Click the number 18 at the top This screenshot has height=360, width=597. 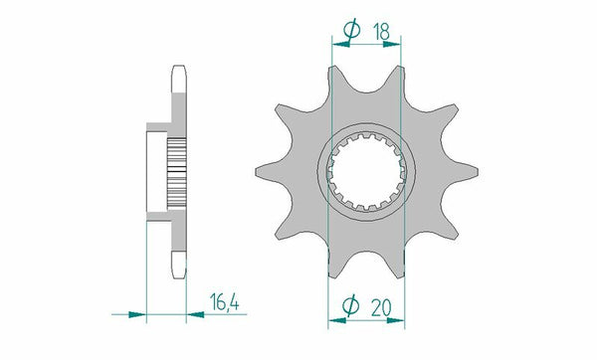pos(379,32)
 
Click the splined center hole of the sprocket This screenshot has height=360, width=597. pos(364,173)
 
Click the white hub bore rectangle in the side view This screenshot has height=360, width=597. pos(158,171)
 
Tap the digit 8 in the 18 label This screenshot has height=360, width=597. pos(386,32)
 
